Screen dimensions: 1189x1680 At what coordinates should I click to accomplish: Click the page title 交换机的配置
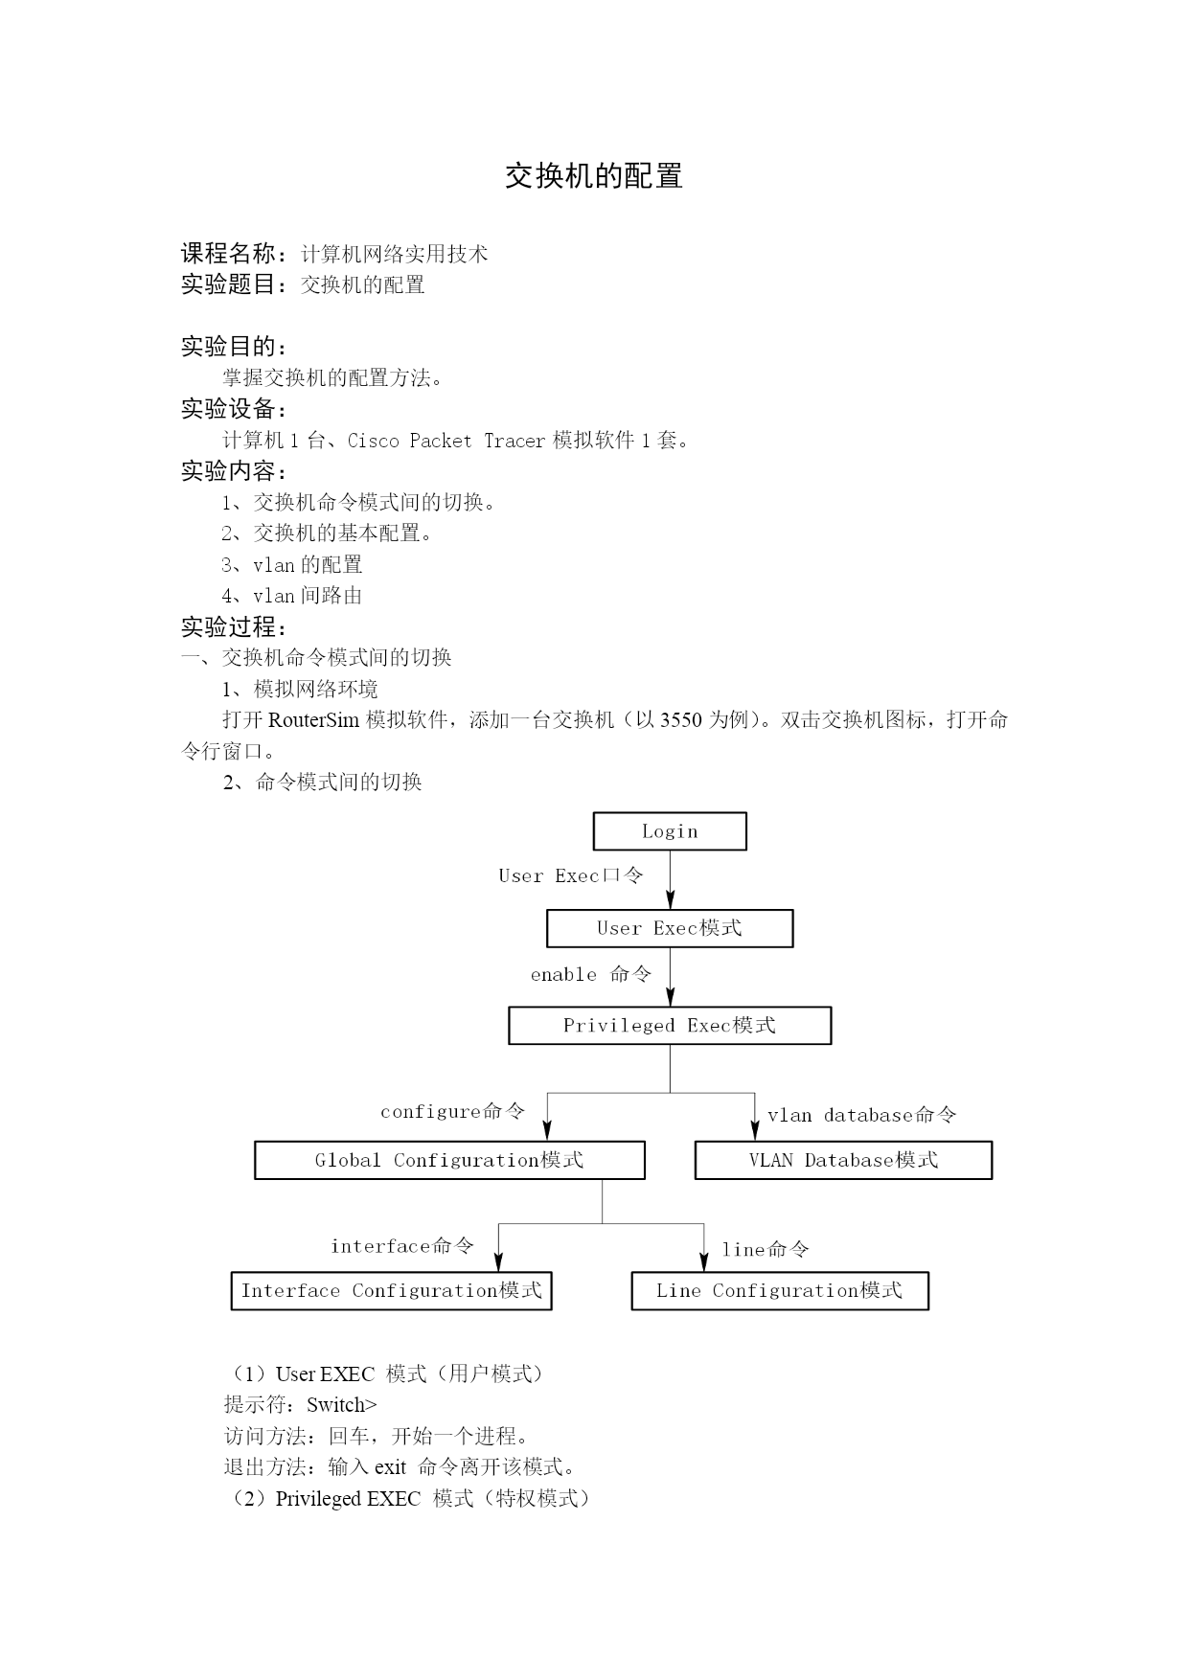[x=594, y=176]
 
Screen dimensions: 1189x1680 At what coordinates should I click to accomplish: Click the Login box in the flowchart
[x=670, y=831]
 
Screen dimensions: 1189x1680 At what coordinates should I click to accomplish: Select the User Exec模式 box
[x=670, y=928]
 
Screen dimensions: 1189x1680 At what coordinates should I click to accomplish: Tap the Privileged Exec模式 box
[x=670, y=1025]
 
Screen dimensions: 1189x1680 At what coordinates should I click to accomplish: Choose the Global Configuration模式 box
[x=449, y=1160]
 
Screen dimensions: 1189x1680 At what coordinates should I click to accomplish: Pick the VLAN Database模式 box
[x=843, y=1160]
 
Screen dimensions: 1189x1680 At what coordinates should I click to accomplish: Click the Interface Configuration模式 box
[x=391, y=1290]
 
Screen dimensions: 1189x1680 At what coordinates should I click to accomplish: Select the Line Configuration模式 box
[x=780, y=1290]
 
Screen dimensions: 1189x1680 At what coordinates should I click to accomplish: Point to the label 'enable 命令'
[x=591, y=974]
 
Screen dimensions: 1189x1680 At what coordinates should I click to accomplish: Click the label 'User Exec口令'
[x=571, y=875]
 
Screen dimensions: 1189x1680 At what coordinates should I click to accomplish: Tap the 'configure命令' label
[x=453, y=1111]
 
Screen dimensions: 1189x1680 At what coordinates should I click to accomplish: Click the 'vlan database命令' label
[x=862, y=1115]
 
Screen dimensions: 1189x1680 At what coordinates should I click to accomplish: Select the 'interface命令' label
[x=402, y=1245]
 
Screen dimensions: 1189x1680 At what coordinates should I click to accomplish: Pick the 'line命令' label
[x=766, y=1249]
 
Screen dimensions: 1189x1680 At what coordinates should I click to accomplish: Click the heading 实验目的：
[x=235, y=347]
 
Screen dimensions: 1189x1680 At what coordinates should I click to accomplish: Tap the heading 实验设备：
[x=235, y=409]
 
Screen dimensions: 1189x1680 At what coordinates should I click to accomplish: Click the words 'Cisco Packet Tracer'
[x=446, y=441]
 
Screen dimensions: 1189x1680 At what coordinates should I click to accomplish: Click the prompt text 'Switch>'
[x=342, y=1405]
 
